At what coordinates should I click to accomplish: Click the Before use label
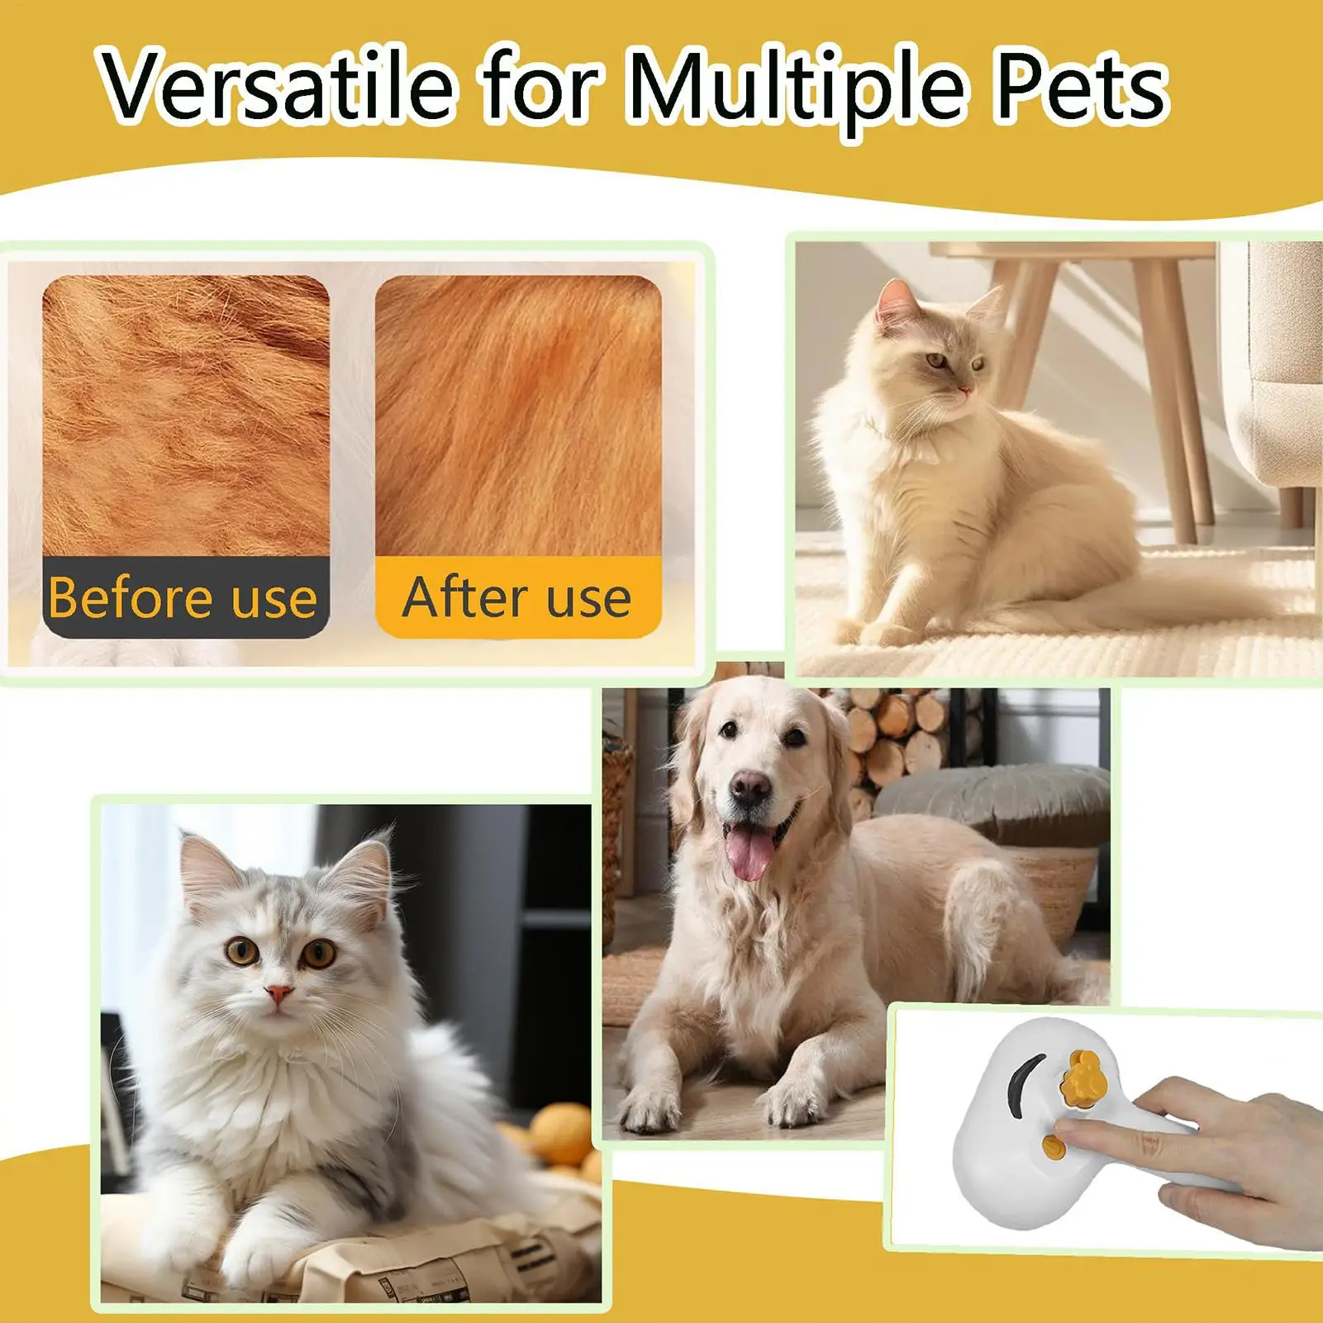click(183, 597)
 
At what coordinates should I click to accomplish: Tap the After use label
click(517, 597)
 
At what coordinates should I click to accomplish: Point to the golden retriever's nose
click(750, 787)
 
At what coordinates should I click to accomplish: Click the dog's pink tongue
click(748, 852)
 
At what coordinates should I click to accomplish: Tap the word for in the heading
click(541, 84)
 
